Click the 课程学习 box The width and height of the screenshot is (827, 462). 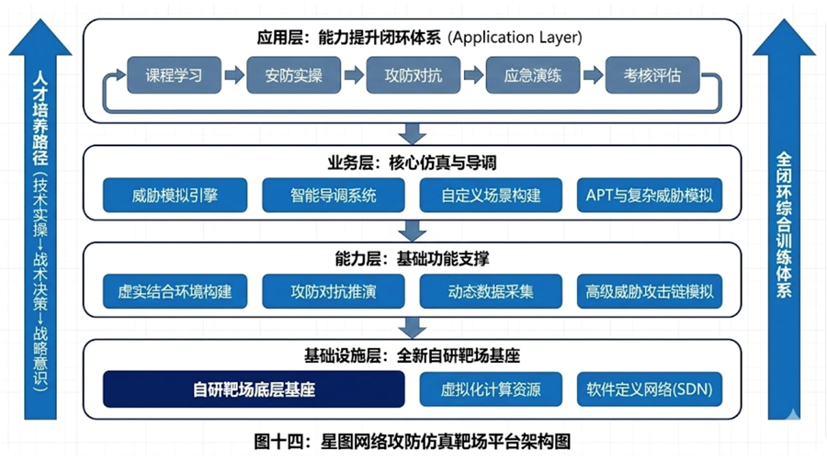coord(174,75)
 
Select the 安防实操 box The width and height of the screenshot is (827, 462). coord(293,75)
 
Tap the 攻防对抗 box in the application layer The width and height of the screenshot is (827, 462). coord(413,75)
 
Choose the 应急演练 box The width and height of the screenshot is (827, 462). coord(532,75)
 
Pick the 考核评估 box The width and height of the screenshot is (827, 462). coord(651,75)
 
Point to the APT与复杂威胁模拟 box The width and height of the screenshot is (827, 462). coord(649,195)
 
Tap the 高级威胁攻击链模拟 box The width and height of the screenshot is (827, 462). coord(649,292)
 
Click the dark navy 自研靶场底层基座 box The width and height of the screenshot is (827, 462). coord(254,389)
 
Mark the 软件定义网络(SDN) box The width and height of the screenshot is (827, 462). coord(649,389)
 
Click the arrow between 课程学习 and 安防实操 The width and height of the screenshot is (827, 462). coord(233,75)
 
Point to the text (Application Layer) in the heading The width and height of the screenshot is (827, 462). coord(515,38)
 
